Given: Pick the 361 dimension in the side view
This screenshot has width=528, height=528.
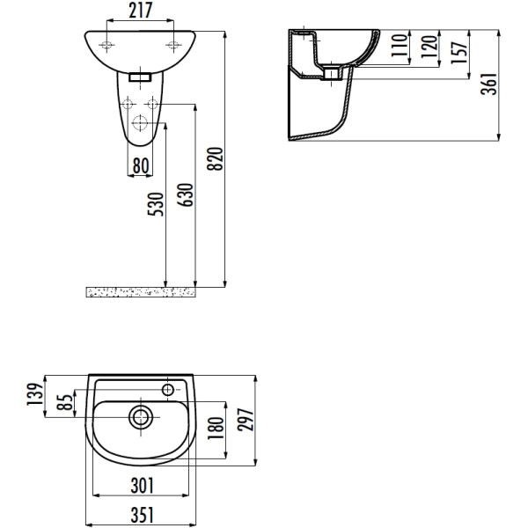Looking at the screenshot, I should (x=492, y=84).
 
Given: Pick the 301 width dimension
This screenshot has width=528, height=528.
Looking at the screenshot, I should (x=141, y=484).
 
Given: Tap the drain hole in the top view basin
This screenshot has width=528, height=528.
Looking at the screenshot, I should (x=139, y=416).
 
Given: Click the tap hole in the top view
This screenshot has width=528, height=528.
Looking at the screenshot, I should (x=169, y=387).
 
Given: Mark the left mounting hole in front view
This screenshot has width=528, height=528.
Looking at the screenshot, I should (x=106, y=45).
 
